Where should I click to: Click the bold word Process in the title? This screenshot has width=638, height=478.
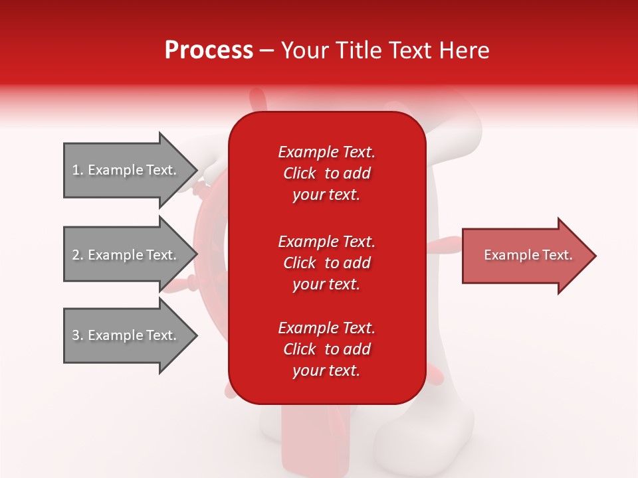coord(209,50)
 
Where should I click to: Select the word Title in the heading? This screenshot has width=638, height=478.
coord(360,50)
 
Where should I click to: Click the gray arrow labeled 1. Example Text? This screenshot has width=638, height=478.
coord(126,170)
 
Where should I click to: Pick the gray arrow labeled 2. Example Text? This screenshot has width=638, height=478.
coord(126,255)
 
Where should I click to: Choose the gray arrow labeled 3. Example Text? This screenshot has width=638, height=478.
coord(126,335)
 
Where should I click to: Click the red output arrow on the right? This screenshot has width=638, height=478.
coord(525,256)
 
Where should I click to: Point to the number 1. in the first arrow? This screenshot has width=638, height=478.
coord(78,170)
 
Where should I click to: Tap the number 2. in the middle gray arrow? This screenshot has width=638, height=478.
coord(78,255)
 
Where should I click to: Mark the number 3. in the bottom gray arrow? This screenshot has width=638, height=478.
coord(78,335)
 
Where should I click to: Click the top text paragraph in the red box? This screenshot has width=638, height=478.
coord(326,173)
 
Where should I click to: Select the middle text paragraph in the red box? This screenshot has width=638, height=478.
coord(326,263)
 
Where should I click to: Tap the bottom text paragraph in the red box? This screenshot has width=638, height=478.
coord(326,349)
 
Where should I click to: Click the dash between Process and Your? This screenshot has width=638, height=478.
coord(266,50)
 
